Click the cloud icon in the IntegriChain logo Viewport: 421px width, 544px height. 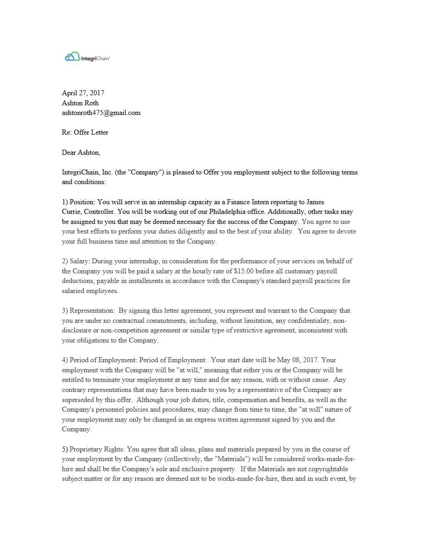pyautogui.click(x=72, y=57)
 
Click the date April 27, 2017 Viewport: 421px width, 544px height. pyautogui.click(x=83, y=93)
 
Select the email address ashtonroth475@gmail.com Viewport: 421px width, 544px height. pyautogui.click(x=101, y=113)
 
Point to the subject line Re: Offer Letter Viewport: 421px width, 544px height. pyautogui.click(x=85, y=132)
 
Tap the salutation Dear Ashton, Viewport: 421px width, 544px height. pyautogui.click(x=81, y=152)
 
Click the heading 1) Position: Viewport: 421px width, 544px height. pyautogui.click(x=79, y=202)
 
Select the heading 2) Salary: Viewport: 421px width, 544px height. pyautogui.click(x=76, y=261)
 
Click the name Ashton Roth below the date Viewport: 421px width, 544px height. pyautogui.click(x=80, y=103)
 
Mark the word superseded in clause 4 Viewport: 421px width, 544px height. pyautogui.click(x=78, y=399)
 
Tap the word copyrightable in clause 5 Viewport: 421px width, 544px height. pyautogui.click(x=327, y=469)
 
